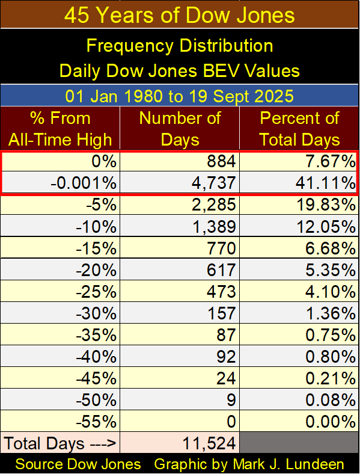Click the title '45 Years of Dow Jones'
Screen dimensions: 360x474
point(179,15)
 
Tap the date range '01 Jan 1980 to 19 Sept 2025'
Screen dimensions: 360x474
point(179,96)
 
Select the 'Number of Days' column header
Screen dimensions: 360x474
point(180,129)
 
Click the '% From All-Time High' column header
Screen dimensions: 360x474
point(60,129)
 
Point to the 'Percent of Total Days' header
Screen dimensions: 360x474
point(299,129)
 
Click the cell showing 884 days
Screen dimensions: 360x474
point(221,161)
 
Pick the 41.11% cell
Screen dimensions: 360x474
point(326,183)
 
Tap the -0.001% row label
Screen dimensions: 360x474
point(84,183)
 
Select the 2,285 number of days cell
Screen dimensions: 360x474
point(213,205)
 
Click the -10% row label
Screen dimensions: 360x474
point(96,226)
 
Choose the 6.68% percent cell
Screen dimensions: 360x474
point(331,248)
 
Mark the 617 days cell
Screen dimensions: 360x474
point(221,270)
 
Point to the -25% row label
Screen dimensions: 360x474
point(96,292)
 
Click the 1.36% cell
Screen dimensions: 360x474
point(331,313)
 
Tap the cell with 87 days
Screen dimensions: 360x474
point(226,335)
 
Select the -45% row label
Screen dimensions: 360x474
point(96,379)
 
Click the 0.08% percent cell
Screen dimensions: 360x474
point(331,401)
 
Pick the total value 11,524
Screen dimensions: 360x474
point(209,444)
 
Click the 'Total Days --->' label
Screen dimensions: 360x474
point(60,444)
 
